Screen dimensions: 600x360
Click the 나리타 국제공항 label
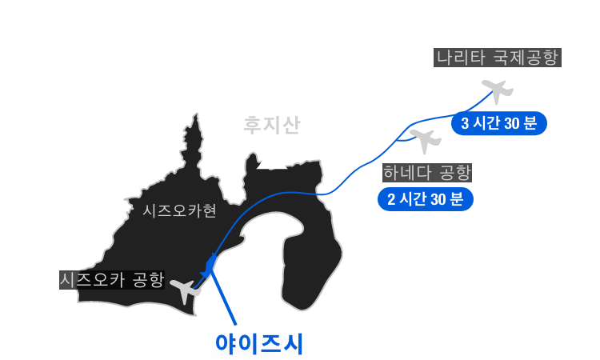[497, 58]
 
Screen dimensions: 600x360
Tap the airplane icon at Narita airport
[498, 91]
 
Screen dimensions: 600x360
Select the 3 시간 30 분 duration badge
[499, 123]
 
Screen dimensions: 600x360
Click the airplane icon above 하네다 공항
[426, 141]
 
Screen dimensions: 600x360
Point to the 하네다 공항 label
[427, 173]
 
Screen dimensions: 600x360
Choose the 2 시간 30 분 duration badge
[426, 199]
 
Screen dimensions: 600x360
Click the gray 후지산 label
[272, 125]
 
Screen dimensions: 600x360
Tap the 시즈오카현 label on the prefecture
[179, 210]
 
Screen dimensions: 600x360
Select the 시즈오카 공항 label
[112, 280]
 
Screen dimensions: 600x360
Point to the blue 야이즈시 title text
[259, 343]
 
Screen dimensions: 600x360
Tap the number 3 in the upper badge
[465, 123]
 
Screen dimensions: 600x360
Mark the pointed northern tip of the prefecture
[196, 114]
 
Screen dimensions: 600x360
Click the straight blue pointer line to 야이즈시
[222, 298]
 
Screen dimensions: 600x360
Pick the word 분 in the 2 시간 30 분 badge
[457, 199]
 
